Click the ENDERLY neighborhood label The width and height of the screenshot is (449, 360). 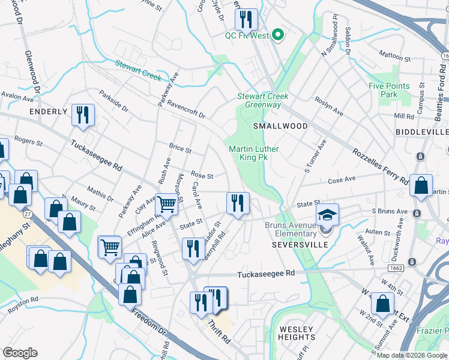(46, 112)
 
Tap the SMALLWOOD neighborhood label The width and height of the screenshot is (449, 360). (280, 126)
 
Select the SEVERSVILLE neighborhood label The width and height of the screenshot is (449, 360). (300, 245)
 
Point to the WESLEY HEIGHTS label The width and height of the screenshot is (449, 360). (296, 333)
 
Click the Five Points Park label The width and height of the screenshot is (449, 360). (389, 90)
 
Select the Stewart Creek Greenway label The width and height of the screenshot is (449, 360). (262, 100)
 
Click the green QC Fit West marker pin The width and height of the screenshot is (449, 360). (277, 35)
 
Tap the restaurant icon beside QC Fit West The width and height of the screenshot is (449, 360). (246, 20)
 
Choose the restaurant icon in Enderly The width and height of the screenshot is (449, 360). (82, 115)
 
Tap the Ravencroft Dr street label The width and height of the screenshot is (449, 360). (186, 110)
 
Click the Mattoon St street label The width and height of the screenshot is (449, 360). (390, 56)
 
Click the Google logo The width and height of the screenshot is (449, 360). (20, 353)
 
